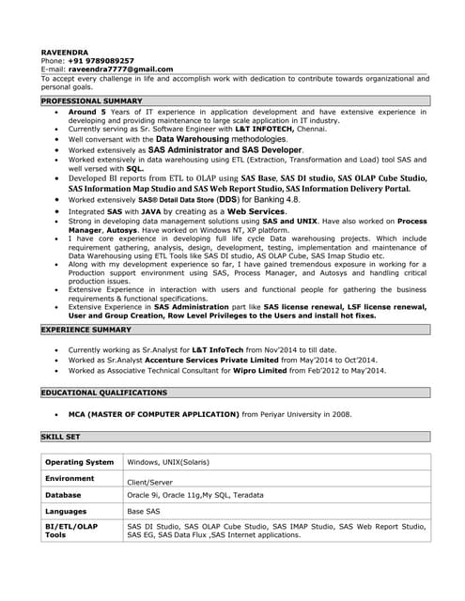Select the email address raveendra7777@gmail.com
(121, 69)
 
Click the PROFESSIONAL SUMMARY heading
(91, 100)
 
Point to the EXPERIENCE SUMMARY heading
(85, 330)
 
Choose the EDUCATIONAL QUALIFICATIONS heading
(104, 392)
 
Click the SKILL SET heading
(60, 437)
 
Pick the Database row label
(63, 495)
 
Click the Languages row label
(67, 511)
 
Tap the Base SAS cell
(144, 511)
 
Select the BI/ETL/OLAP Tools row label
(70, 531)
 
